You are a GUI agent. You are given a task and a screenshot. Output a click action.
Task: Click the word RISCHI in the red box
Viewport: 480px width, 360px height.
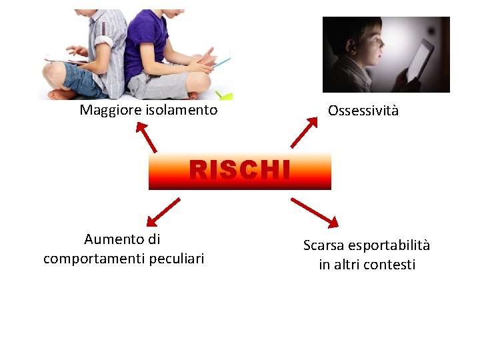[239, 171]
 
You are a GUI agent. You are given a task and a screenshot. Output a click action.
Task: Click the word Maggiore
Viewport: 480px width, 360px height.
[107, 110]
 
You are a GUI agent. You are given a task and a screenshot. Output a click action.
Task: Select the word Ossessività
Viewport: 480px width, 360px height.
[363, 111]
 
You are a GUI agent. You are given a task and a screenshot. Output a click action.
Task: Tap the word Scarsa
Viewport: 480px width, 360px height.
[323, 245]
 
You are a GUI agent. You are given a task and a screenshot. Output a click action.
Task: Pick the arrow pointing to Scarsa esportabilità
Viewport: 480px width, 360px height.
[315, 211]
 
